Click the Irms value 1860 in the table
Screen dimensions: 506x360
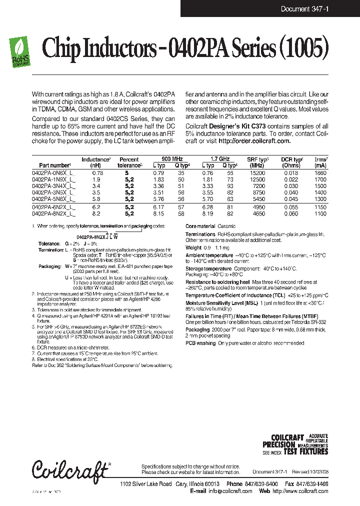320,172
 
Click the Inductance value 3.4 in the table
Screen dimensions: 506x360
96,185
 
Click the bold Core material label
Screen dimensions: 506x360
200,226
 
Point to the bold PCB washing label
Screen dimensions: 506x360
200,343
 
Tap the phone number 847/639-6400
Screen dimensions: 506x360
259,484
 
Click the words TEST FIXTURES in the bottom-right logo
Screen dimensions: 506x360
305,451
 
